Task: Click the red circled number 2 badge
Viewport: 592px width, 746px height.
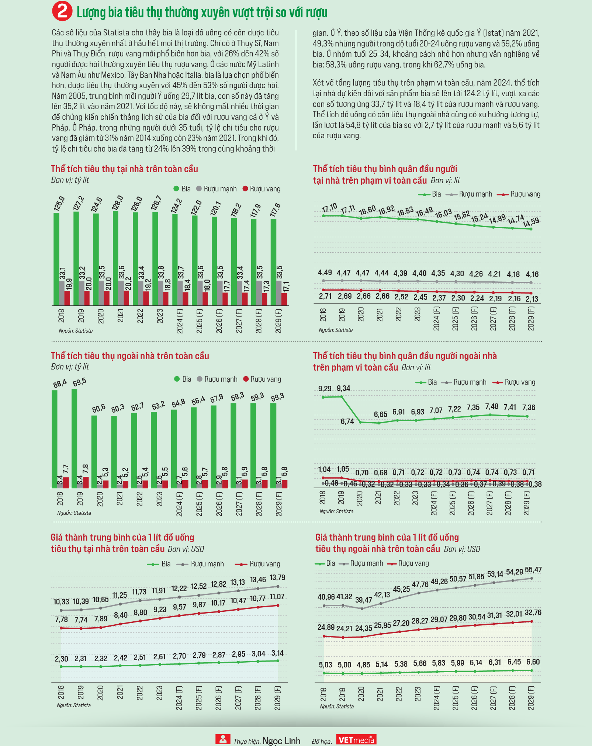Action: tap(62, 11)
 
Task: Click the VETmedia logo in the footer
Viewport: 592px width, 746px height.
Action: tap(356, 739)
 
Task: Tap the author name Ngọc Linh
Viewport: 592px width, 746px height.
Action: tap(281, 741)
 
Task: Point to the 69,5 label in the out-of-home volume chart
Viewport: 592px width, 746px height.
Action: tap(79, 382)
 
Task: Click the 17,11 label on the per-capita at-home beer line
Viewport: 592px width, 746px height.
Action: tap(347, 209)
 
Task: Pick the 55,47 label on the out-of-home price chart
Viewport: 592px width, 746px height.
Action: tap(533, 570)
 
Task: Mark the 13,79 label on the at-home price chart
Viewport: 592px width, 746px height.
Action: tap(277, 577)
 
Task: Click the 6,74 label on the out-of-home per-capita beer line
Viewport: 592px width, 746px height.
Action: tap(347, 421)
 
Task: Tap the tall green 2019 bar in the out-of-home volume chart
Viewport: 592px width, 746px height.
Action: tap(75, 438)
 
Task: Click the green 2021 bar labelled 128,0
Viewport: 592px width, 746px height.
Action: tap(116, 258)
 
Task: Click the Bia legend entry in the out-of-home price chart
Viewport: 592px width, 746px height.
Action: tap(325, 563)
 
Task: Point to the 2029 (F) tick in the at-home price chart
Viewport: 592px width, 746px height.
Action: tap(278, 698)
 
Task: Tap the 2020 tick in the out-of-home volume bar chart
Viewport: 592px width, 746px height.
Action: tap(100, 499)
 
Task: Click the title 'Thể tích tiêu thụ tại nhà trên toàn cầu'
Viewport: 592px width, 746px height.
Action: tap(124, 169)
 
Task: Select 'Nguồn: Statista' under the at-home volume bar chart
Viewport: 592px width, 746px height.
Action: tap(76, 331)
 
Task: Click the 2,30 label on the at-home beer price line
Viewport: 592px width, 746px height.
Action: tap(62, 659)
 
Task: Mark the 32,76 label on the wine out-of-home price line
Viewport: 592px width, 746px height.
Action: tap(533, 613)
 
